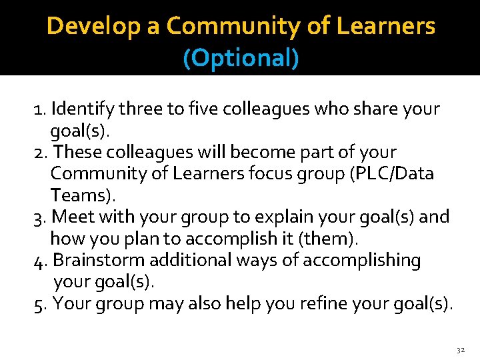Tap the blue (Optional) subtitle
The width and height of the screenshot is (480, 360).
241,59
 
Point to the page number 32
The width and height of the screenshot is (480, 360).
461,349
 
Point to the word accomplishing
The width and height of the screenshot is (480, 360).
362,261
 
